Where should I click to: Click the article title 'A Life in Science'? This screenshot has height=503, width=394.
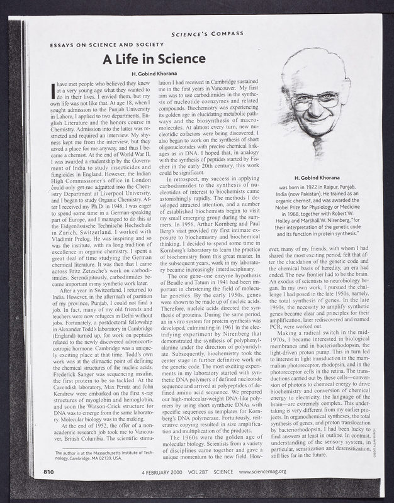[154, 60]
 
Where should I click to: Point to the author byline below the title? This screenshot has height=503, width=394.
[154, 74]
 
